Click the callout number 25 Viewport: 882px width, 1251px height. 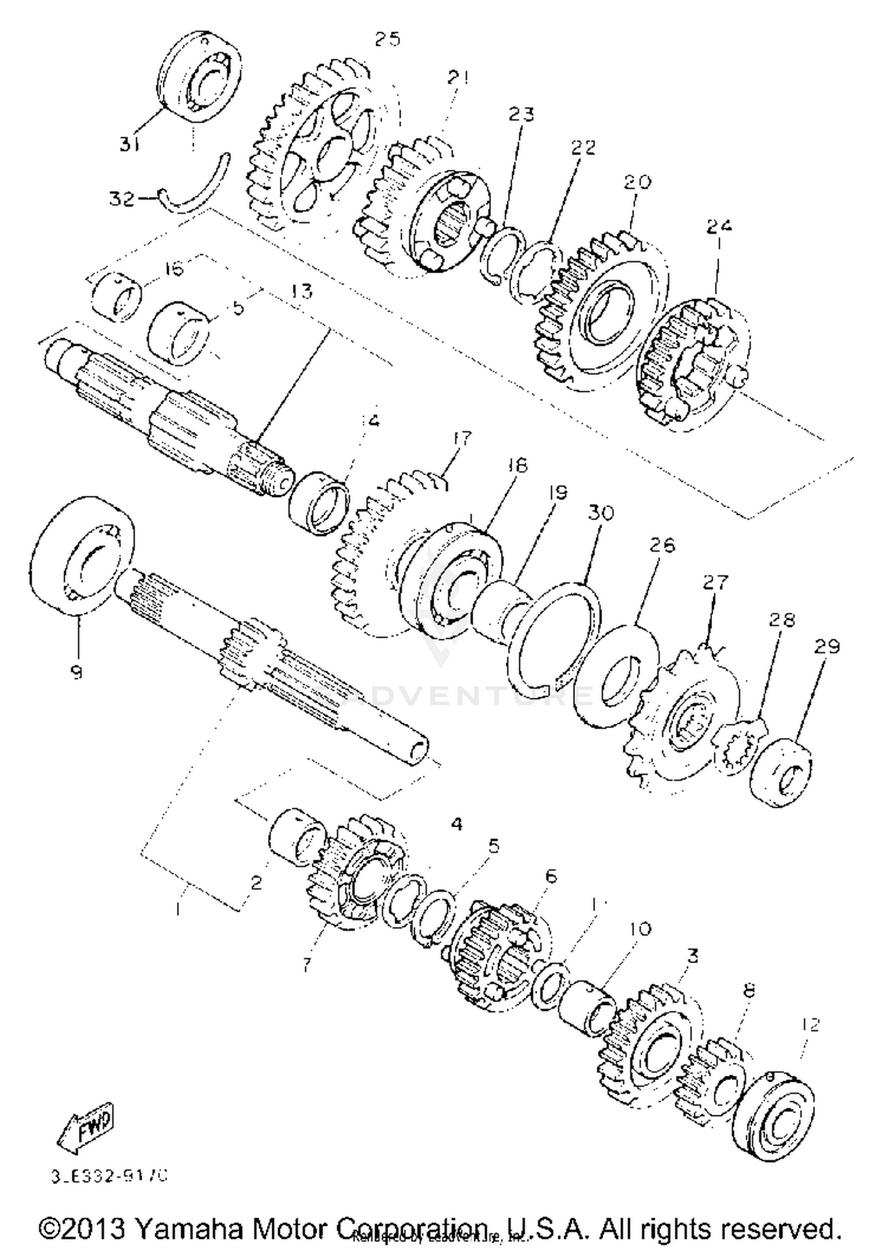pyautogui.click(x=387, y=39)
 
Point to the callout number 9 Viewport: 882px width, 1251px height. pyautogui.click(x=76, y=672)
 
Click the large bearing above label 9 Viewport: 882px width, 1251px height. pyautogui.click(x=82, y=555)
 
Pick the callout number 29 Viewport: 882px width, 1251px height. pyautogui.click(x=827, y=647)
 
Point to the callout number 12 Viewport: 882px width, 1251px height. pyautogui.click(x=810, y=1025)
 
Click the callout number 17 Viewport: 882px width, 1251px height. pyautogui.click(x=462, y=438)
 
